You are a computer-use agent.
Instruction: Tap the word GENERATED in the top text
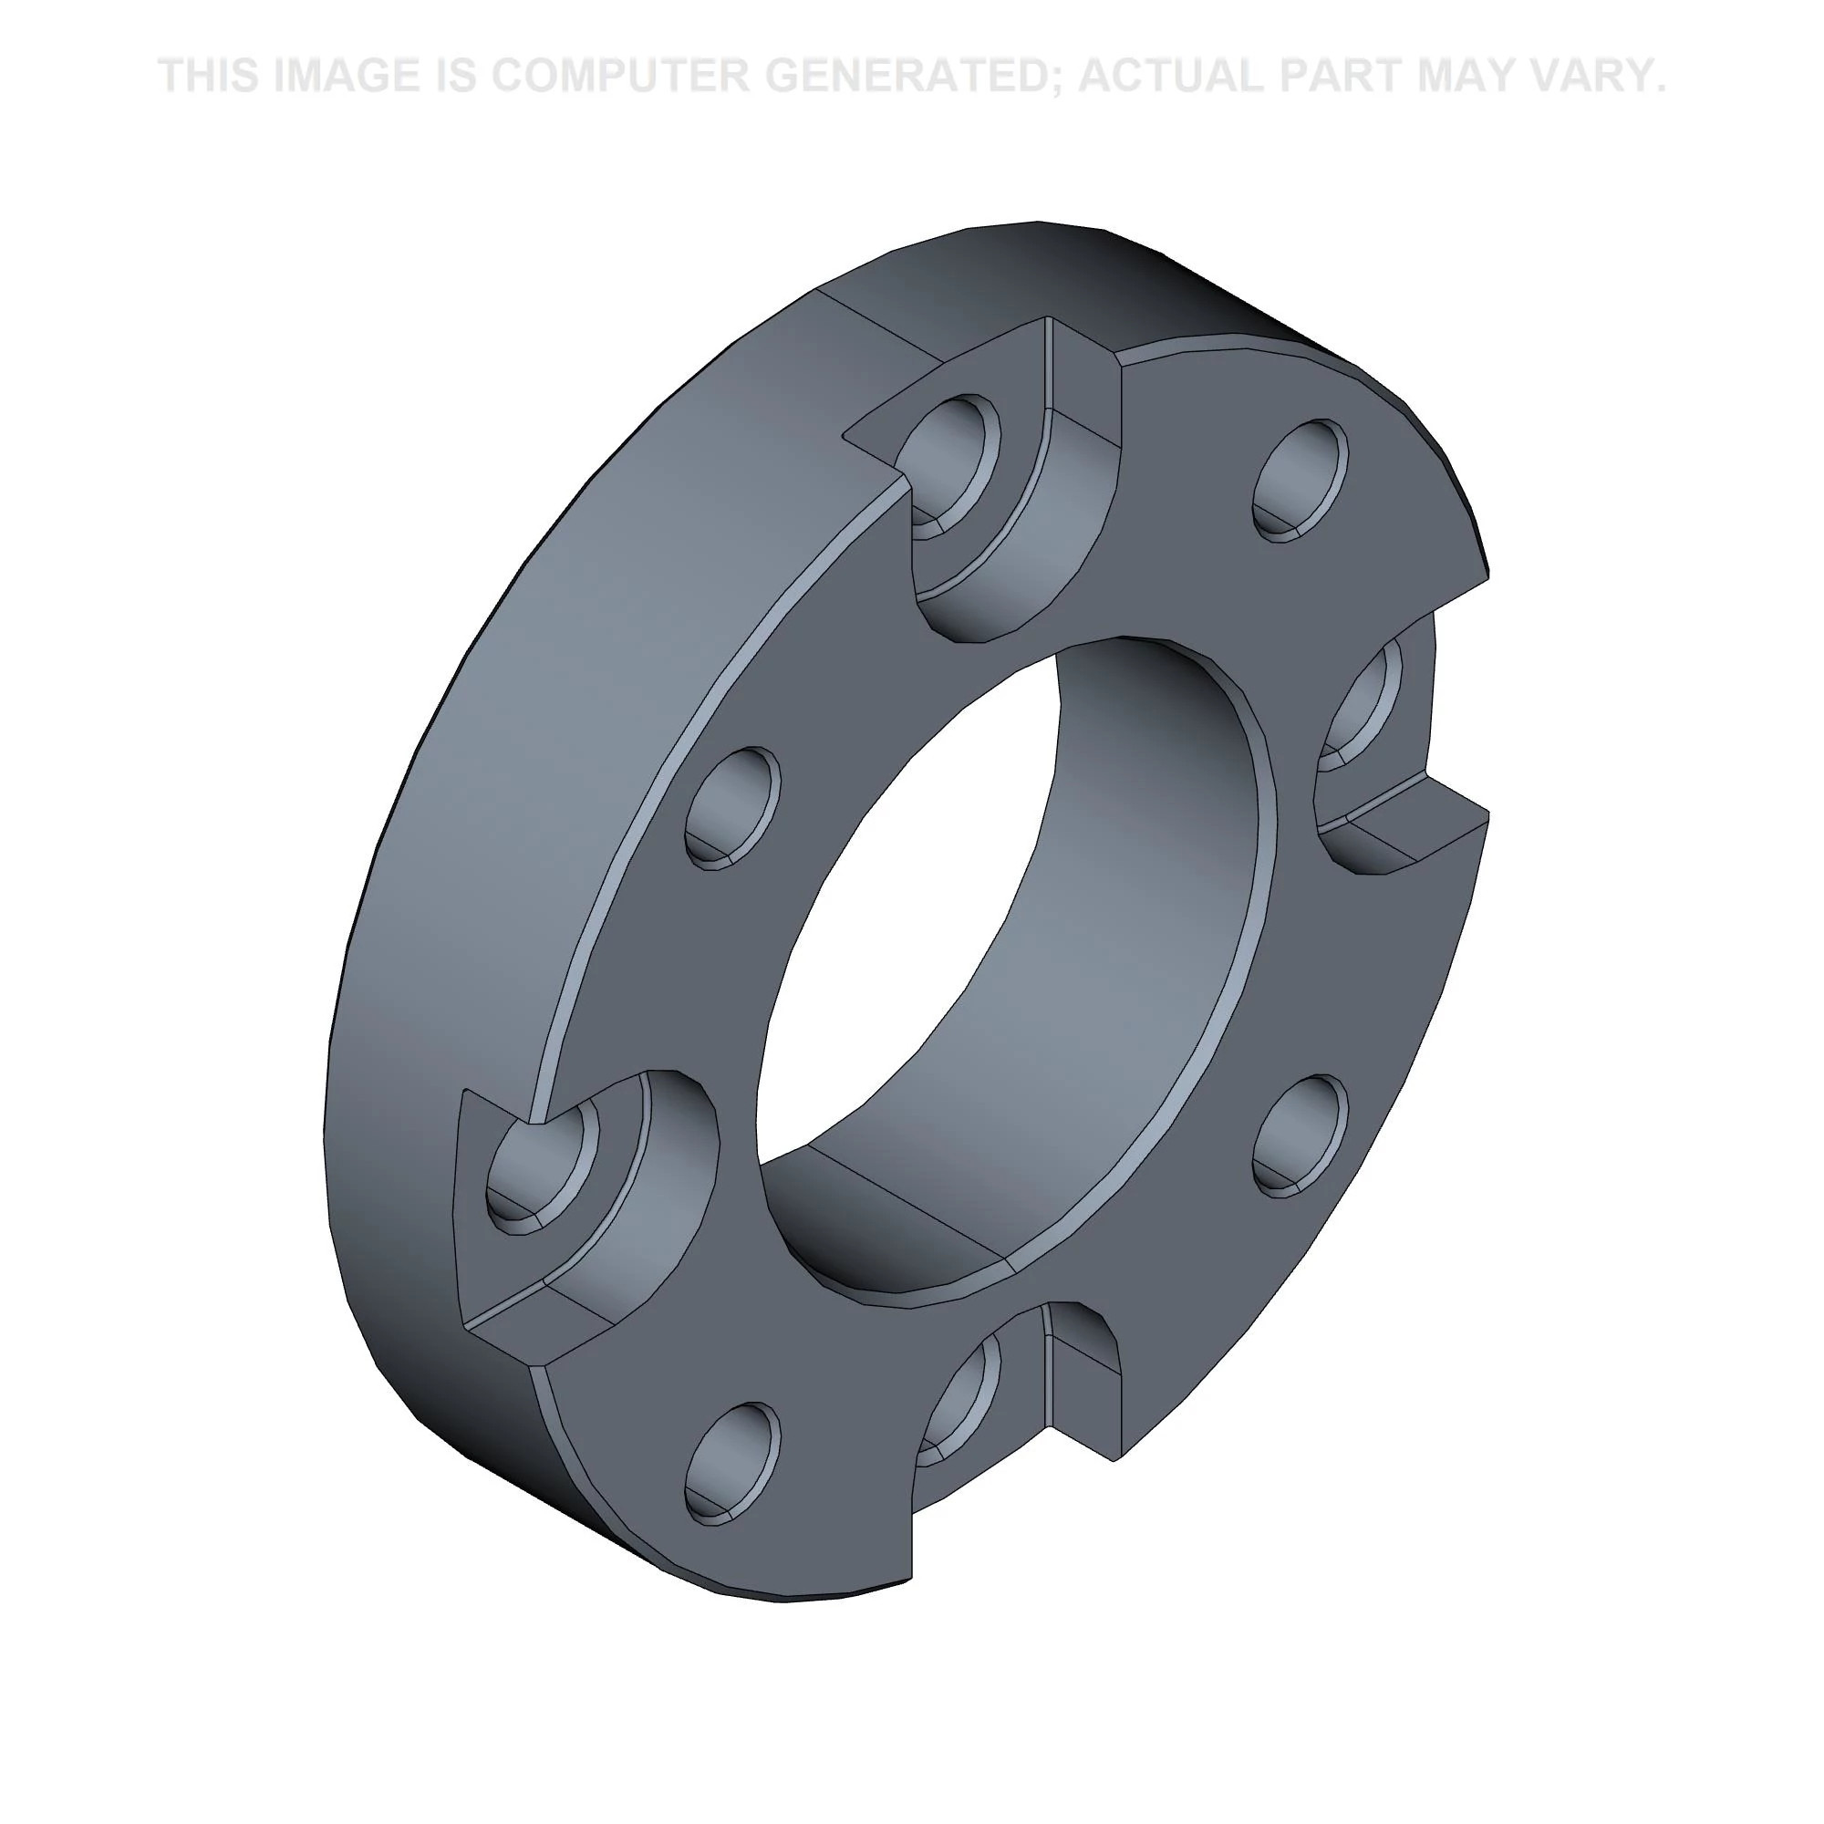click(907, 76)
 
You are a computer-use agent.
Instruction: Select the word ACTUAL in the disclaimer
click(1175, 76)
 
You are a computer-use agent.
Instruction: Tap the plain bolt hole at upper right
click(1300, 480)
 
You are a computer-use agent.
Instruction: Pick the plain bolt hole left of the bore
click(732, 807)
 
